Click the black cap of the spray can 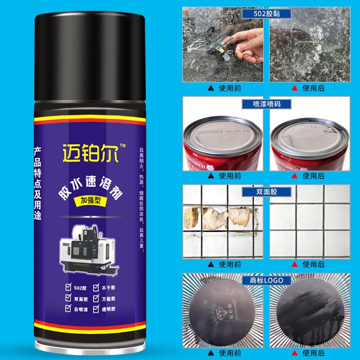pyautogui.click(x=91, y=54)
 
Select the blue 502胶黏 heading pyautogui.click(x=266, y=13)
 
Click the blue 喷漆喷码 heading pyautogui.click(x=266, y=104)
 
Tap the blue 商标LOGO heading pyautogui.click(x=266, y=280)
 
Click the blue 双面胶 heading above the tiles pyautogui.click(x=266, y=192)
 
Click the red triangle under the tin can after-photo pyautogui.click(x=295, y=176)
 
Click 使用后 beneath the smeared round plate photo pyautogui.click(x=314, y=353)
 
